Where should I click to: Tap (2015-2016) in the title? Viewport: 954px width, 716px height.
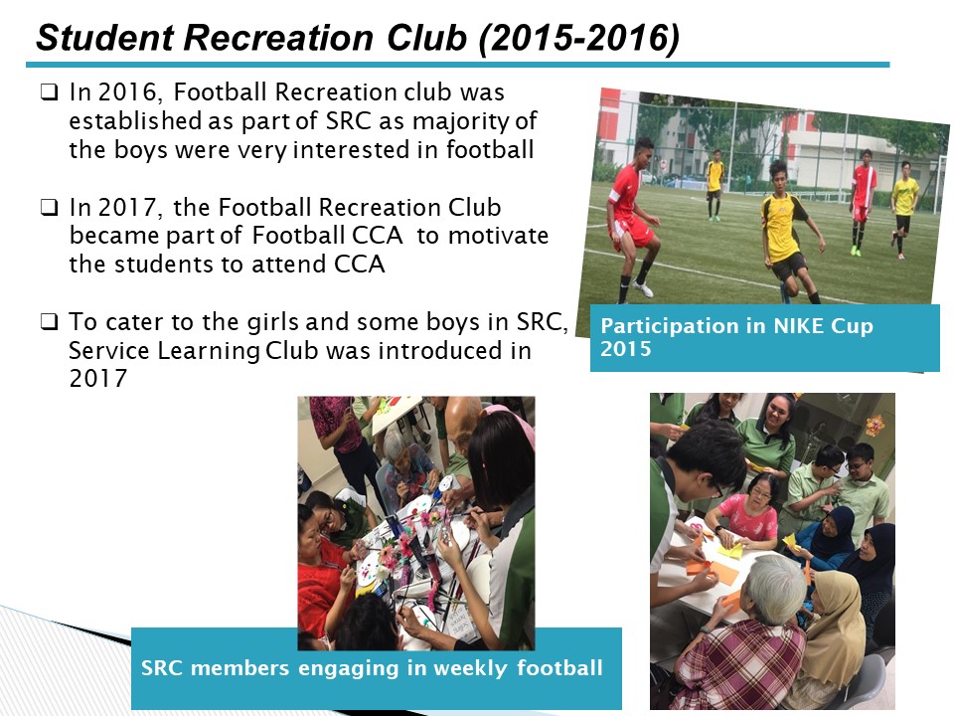[578, 39]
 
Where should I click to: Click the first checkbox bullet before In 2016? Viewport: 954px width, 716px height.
[50, 92]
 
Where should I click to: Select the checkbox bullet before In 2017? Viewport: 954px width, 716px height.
[50, 208]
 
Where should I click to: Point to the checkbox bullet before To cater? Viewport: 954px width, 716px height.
[50, 321]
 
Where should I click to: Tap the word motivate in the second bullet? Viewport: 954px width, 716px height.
[498, 236]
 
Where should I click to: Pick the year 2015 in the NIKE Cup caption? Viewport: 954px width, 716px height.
[625, 349]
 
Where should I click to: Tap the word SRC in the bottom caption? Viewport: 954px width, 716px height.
[162, 668]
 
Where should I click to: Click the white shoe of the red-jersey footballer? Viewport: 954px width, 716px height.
[643, 288]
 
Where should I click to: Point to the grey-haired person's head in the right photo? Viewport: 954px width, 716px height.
[775, 588]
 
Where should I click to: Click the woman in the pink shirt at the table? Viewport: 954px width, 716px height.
[747, 510]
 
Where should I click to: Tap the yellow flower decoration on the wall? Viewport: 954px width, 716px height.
[874, 425]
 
